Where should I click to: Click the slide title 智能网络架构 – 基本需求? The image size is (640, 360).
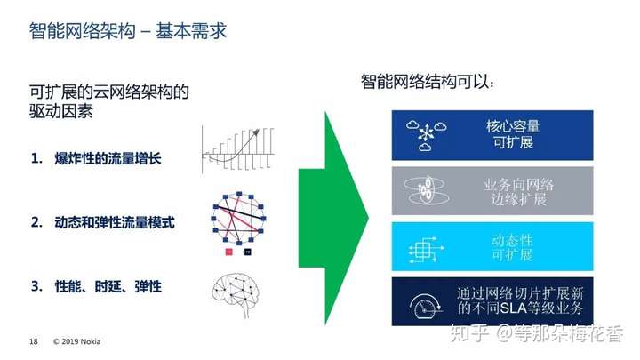click(x=128, y=31)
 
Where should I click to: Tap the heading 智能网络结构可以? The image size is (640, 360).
click(x=428, y=82)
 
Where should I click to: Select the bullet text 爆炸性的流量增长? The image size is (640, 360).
click(x=108, y=158)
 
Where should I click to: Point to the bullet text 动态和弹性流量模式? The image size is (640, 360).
click(x=115, y=222)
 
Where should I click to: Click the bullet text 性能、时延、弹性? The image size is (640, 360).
click(x=108, y=286)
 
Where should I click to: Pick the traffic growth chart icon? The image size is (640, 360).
click(x=238, y=149)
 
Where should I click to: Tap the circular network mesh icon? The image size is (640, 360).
click(x=239, y=219)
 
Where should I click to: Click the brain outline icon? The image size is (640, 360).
click(x=236, y=295)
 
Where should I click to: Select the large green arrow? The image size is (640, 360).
click(x=333, y=219)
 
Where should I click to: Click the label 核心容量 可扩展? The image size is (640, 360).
click(x=513, y=134)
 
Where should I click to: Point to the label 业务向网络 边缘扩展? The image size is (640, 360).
click(x=519, y=191)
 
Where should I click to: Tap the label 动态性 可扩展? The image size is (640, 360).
click(x=512, y=247)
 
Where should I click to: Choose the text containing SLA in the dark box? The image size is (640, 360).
click(x=520, y=300)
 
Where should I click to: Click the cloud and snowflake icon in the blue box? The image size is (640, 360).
click(x=426, y=135)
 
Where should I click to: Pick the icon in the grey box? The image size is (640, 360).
click(x=426, y=190)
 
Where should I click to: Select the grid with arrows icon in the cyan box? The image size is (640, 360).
click(x=426, y=250)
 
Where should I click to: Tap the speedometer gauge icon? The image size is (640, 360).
click(x=426, y=306)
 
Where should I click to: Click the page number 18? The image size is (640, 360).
click(x=34, y=341)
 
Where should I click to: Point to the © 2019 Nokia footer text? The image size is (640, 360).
click(x=76, y=341)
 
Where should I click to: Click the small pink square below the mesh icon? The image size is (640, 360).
click(x=229, y=252)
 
